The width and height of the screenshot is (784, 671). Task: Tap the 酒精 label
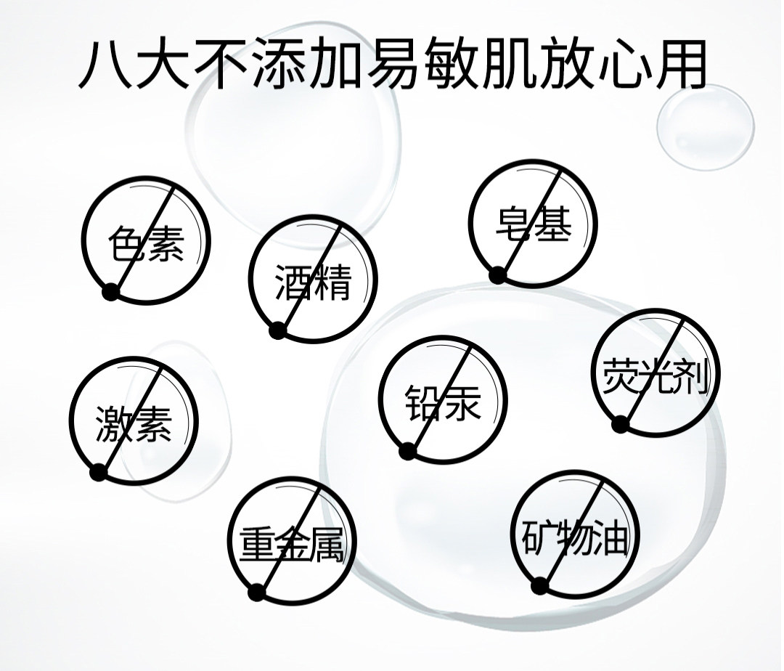(313, 282)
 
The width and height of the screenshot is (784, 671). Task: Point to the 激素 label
(134, 424)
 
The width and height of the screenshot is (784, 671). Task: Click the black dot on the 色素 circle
(110, 292)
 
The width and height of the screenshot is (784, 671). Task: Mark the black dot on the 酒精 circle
(277, 330)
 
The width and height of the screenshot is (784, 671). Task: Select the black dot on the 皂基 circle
(497, 275)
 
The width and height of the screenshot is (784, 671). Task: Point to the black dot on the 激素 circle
(99, 473)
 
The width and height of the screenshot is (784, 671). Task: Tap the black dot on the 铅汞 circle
(407, 452)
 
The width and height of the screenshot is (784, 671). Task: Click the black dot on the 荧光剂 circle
(619, 424)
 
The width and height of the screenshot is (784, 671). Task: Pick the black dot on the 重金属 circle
(256, 592)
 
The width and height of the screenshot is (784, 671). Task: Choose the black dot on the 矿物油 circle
(539, 585)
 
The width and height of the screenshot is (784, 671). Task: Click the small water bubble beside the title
(705, 127)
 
